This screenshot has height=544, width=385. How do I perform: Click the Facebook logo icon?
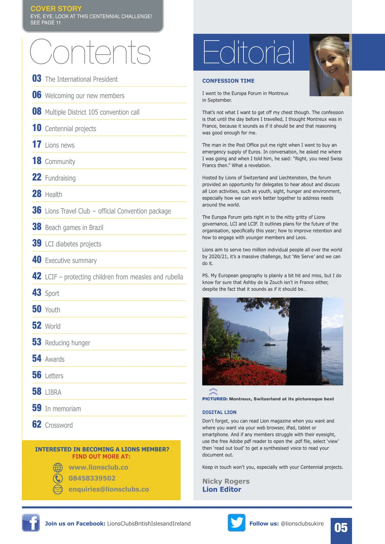[x=31, y=523]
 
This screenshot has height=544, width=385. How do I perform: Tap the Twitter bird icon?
[x=236, y=523]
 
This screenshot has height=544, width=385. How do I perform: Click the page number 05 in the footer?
[x=341, y=528]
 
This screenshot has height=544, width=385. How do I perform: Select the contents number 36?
[x=37, y=210]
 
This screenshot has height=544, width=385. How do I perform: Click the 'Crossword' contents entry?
[x=59, y=425]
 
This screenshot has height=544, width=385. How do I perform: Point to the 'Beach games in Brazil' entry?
[x=74, y=228]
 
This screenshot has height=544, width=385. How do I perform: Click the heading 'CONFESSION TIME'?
[x=228, y=81]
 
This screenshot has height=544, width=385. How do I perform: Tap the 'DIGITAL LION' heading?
[x=219, y=412]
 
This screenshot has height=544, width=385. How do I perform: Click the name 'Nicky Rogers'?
[x=226, y=481]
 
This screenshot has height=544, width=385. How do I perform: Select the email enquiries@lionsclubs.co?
[x=108, y=489]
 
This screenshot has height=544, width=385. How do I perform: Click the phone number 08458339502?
[x=92, y=478]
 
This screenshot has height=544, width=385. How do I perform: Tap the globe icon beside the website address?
[x=58, y=467]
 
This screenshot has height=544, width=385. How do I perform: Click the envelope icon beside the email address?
[x=58, y=489]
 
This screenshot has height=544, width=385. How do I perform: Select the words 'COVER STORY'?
[x=56, y=9]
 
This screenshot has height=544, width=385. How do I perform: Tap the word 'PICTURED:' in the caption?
[x=215, y=399]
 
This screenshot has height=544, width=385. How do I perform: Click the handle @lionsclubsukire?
[x=302, y=523]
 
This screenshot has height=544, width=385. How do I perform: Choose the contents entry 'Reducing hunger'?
[x=67, y=343]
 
